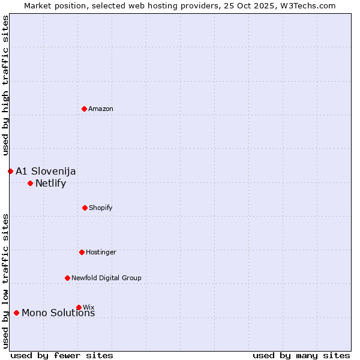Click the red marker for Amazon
(85, 109)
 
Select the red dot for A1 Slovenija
(10, 171)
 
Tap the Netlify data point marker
(30, 183)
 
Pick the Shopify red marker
(85, 208)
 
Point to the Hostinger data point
(82, 252)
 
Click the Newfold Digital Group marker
(67, 278)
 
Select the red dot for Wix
(79, 307)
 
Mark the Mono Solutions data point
(16, 313)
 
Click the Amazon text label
(101, 109)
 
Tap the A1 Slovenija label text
(46, 172)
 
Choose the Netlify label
(50, 184)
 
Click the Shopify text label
(101, 208)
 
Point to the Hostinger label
(101, 252)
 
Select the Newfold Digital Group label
(106, 278)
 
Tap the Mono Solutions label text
(58, 313)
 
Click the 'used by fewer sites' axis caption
(62, 355)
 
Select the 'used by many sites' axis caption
(301, 355)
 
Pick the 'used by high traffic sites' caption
(6, 85)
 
